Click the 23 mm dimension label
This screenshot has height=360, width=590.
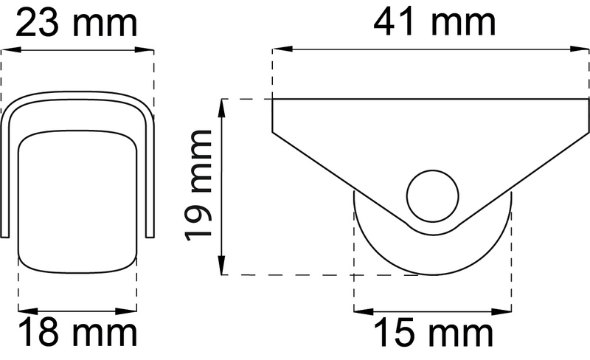coord(77,24)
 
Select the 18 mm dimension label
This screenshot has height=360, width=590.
coord(77,333)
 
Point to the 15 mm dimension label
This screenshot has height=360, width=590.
coord(434,333)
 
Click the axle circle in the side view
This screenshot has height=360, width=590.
coord(433,196)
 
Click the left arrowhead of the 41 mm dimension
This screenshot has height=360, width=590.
coord(279,50)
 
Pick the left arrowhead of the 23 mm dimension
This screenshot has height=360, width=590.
coord(7,50)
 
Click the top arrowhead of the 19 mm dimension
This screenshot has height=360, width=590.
coord(223,105)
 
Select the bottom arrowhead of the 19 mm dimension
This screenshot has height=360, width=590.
coord(223,269)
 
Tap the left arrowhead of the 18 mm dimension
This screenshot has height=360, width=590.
coord(23,310)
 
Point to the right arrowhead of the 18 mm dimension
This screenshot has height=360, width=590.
coord(131,310)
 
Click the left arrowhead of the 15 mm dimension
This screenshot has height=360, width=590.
coord(360,310)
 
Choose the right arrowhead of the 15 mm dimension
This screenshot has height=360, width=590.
coord(506,310)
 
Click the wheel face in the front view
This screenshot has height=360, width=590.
coord(77,199)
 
